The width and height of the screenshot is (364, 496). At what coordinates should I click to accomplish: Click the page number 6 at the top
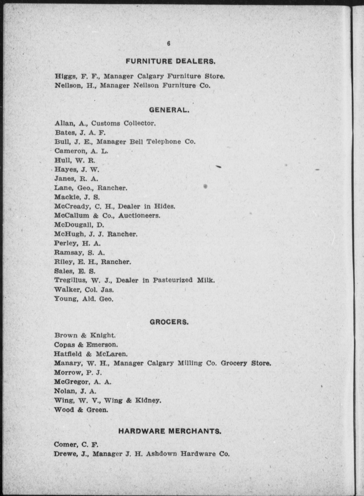click(168, 43)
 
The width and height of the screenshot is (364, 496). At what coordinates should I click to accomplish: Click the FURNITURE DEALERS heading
click(170, 61)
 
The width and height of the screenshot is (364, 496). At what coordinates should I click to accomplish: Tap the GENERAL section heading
click(169, 110)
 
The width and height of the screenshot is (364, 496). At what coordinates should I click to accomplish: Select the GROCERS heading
click(169, 322)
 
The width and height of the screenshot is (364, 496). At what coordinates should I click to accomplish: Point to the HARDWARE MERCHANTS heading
click(170, 431)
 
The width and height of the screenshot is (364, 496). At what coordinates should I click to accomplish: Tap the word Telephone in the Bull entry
click(163, 142)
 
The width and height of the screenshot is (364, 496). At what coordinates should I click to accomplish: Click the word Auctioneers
click(139, 215)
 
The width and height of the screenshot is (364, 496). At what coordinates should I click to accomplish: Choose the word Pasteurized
click(172, 280)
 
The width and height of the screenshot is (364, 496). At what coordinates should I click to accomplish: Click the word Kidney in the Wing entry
click(148, 400)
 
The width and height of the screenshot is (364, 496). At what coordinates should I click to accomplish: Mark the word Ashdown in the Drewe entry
click(161, 454)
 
